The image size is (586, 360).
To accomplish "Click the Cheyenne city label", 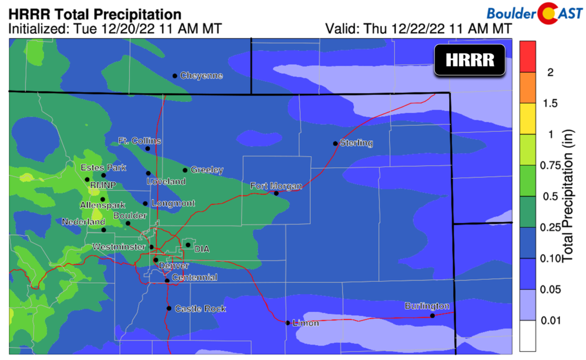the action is point(201,76).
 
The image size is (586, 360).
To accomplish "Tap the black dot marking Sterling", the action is point(335,143).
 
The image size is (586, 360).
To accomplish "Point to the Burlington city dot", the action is point(433,315).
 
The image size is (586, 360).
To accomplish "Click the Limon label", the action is point(305,323).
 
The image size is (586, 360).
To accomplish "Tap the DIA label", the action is point(202,249).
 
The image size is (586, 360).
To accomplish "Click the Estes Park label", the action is point(103,168).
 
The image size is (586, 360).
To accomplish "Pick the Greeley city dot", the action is point(185,170).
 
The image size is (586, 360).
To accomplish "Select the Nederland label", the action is point(84,221).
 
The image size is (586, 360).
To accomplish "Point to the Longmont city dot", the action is point(145,203).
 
